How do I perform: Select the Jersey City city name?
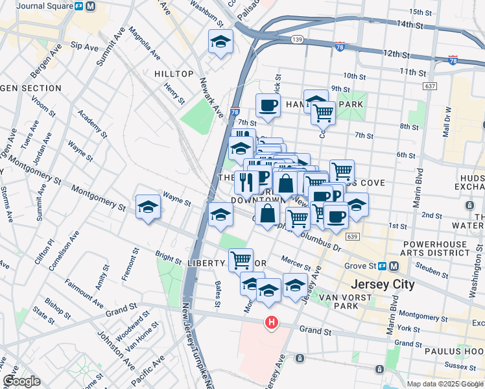382,285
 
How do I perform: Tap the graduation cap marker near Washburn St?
220,42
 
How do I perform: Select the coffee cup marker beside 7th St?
267,105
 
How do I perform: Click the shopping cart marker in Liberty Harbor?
241,260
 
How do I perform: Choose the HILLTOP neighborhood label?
174,74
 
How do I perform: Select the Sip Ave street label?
84,46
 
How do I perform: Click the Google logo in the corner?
22,381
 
